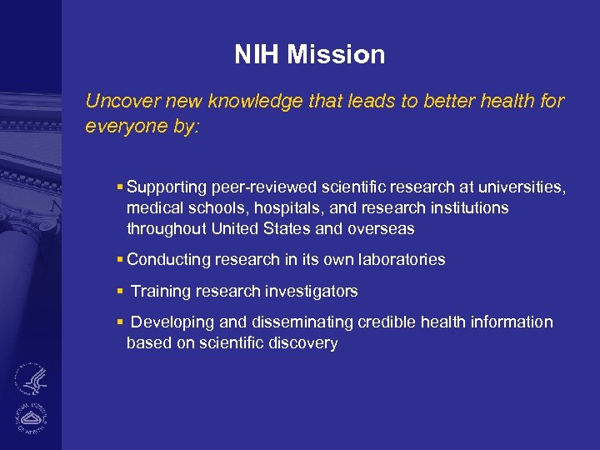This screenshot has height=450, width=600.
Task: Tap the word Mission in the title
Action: tap(336, 55)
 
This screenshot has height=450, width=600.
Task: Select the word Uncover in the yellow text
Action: tap(117, 102)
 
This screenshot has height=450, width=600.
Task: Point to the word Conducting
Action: tap(169, 259)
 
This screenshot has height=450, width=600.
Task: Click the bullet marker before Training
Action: tap(121, 291)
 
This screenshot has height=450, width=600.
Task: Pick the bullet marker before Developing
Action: tap(121, 322)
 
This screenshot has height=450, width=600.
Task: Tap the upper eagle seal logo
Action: tap(31, 378)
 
